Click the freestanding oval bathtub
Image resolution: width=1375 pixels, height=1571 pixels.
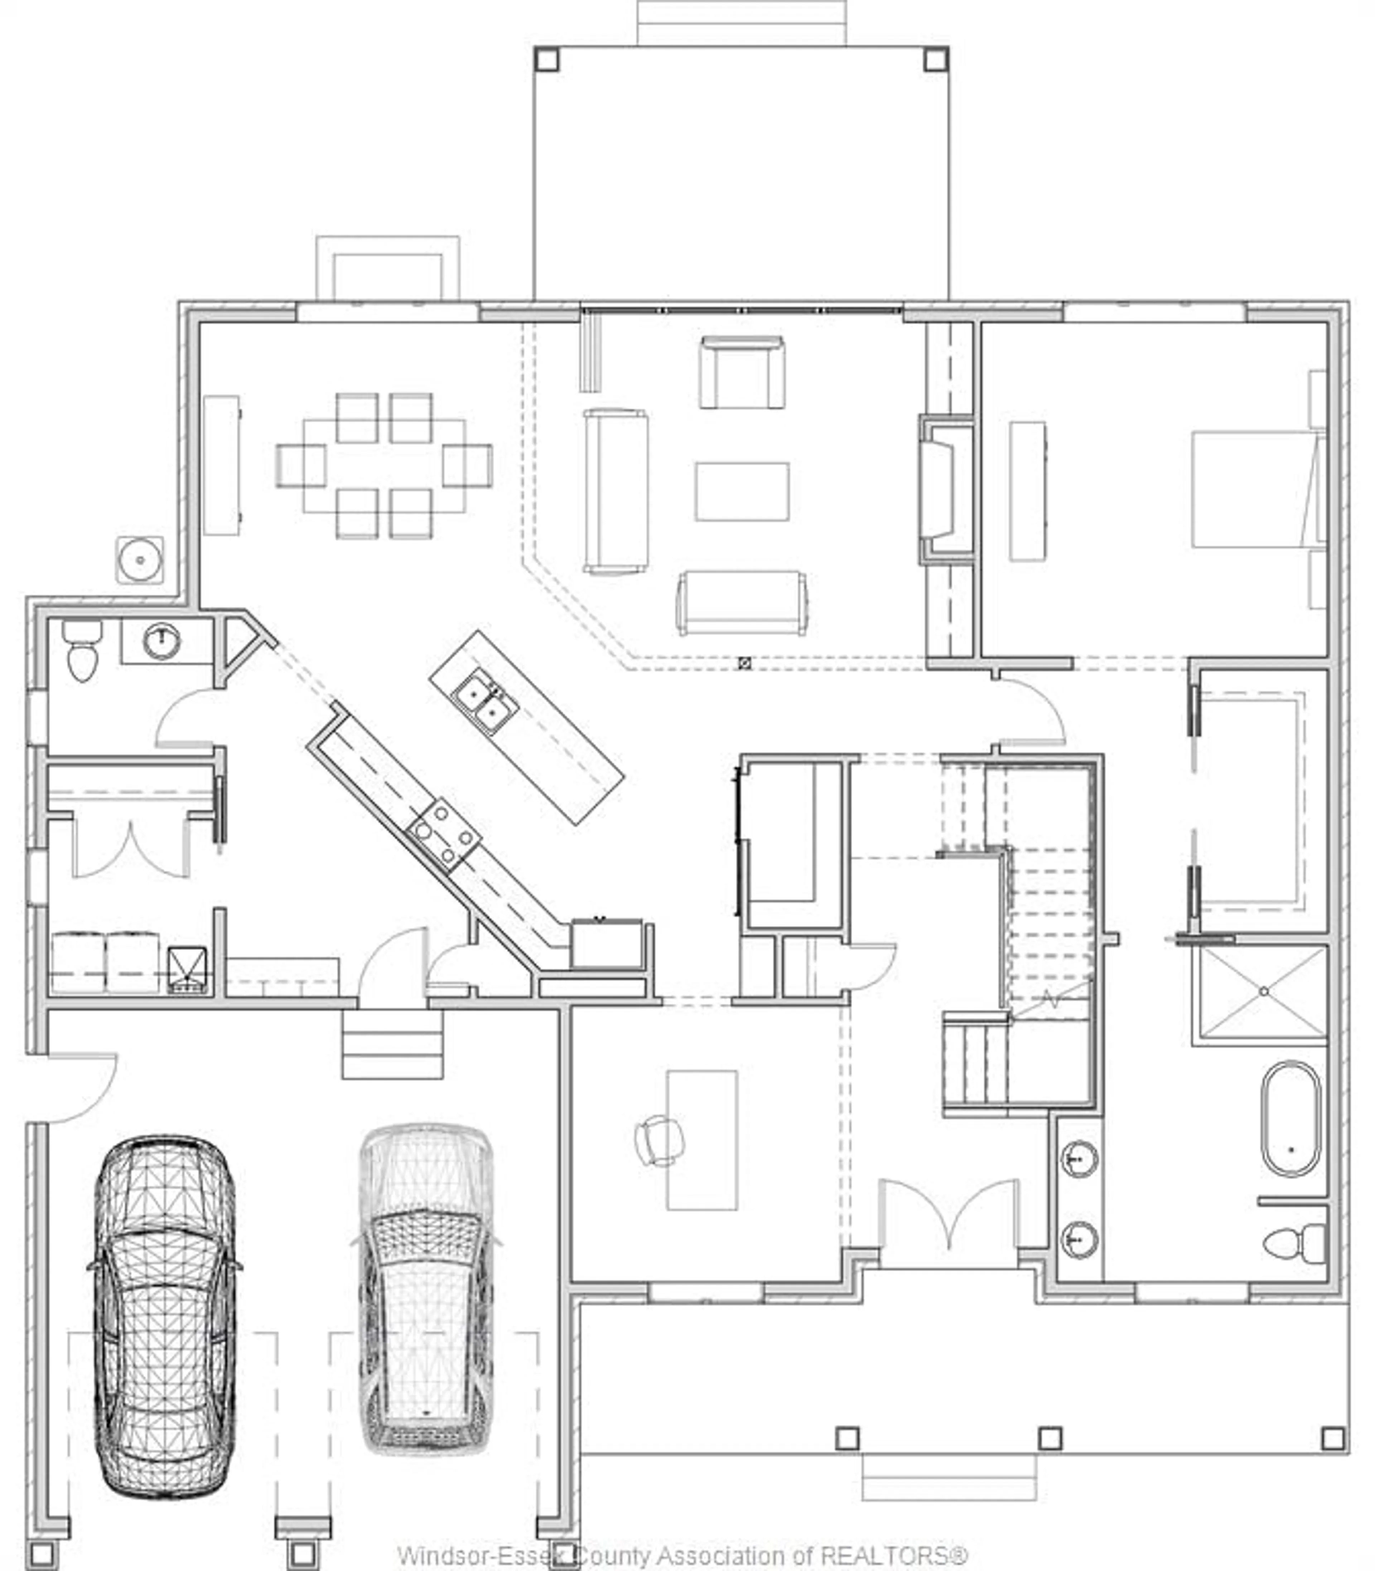click(x=1291, y=1119)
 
